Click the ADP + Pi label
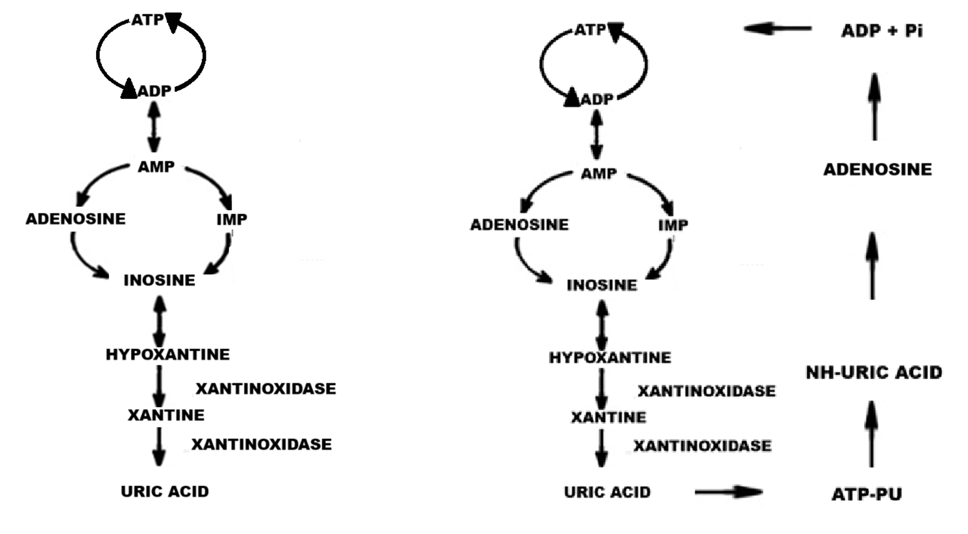[x=882, y=31]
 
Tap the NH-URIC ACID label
[x=873, y=372]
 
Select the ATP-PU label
[x=866, y=494]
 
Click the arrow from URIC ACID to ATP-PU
[x=728, y=492]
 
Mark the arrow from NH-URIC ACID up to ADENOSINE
[x=872, y=266]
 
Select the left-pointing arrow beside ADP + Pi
[x=777, y=28]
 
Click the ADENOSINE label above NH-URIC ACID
[x=877, y=169]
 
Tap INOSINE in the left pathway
[x=159, y=280]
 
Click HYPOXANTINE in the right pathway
[x=610, y=357]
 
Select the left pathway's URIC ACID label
[x=164, y=491]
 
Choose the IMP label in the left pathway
[x=232, y=219]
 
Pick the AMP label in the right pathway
[x=598, y=174]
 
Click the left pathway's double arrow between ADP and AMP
[x=154, y=127]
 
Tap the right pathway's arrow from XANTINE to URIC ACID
[x=602, y=448]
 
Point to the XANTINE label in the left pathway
[x=165, y=415]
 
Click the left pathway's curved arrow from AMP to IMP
[x=212, y=183]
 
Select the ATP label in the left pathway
[x=147, y=20]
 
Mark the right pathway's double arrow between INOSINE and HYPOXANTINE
[x=602, y=324]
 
